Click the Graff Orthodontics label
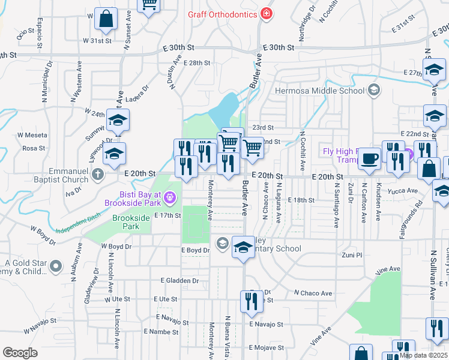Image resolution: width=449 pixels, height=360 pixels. [222, 14]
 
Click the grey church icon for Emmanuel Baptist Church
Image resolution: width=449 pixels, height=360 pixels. [99, 175]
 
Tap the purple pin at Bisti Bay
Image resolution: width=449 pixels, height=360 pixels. [170, 196]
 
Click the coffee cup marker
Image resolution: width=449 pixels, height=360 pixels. [369, 158]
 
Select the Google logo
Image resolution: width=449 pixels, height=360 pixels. [20, 353]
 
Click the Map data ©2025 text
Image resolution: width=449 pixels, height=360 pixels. [423, 355]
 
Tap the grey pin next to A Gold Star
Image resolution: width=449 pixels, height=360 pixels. [56, 265]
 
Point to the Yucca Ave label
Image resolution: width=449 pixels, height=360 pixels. [403, 191]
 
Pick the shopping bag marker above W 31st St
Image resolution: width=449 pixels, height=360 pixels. [106, 19]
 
